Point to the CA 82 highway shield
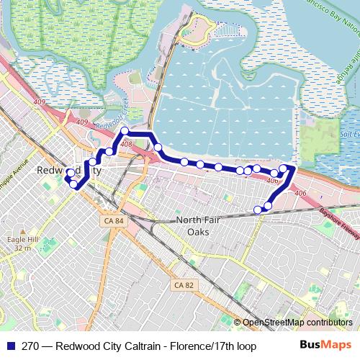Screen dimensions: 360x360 (184, 286)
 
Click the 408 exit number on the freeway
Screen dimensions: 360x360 (127, 145)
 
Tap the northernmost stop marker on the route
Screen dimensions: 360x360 (125, 131)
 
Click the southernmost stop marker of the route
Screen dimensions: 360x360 (258, 210)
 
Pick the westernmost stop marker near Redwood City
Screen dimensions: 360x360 (70, 173)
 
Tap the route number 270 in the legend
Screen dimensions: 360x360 (30, 346)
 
